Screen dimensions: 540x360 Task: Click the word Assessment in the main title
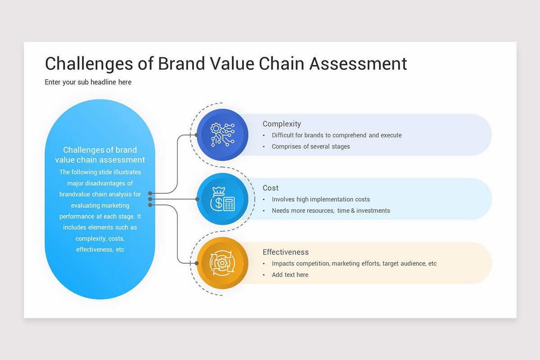[x=358, y=63]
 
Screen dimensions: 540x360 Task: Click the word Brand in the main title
[x=181, y=63]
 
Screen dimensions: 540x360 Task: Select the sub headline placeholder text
[x=88, y=82]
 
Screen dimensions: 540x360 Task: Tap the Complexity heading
[x=282, y=124]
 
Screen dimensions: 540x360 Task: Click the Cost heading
[x=270, y=188]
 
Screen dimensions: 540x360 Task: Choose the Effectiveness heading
[x=286, y=252]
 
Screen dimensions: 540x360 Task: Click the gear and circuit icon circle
[x=222, y=135]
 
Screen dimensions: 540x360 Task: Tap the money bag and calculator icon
[x=222, y=199]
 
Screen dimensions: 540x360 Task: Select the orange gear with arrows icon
[x=222, y=263]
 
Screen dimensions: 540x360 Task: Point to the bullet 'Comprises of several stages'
[x=311, y=147]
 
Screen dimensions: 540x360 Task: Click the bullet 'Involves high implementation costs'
[x=320, y=199]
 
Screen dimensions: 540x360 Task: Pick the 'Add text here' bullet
[x=290, y=274]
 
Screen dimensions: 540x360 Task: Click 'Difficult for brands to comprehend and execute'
[x=337, y=135]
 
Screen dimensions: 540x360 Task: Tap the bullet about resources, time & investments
[x=331, y=211]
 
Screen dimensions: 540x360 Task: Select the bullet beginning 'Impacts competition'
[x=354, y=264]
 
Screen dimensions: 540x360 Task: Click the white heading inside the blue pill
[x=100, y=155]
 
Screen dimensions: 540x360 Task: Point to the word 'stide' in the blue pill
[x=105, y=172]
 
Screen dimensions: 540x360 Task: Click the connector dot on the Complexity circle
[x=197, y=135]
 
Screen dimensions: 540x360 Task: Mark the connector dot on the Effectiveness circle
[x=197, y=263]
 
